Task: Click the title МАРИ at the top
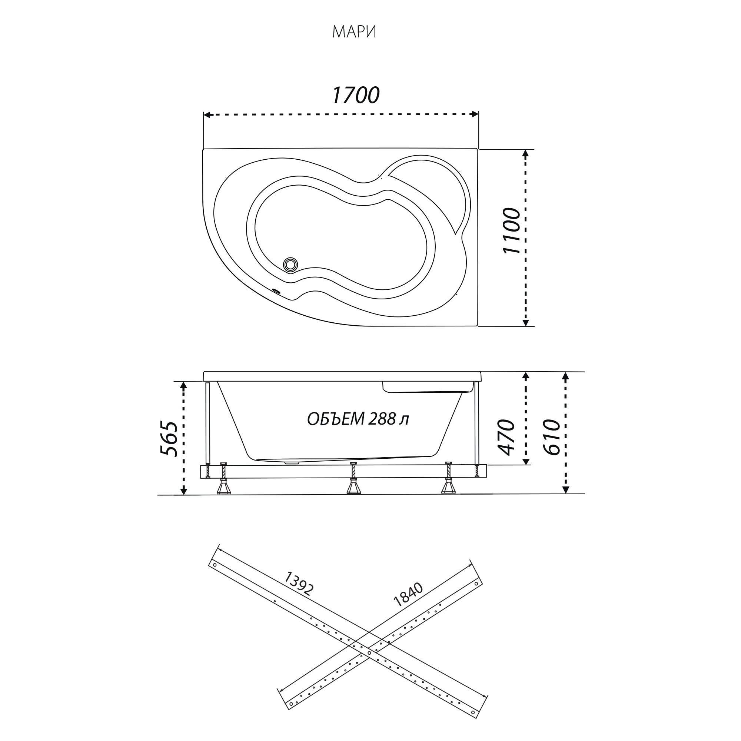click(354, 32)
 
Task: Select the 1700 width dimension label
click(356, 95)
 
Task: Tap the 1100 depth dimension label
click(512, 231)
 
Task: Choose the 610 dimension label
click(552, 437)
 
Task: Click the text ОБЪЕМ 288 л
click(358, 419)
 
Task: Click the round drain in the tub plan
click(290, 264)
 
